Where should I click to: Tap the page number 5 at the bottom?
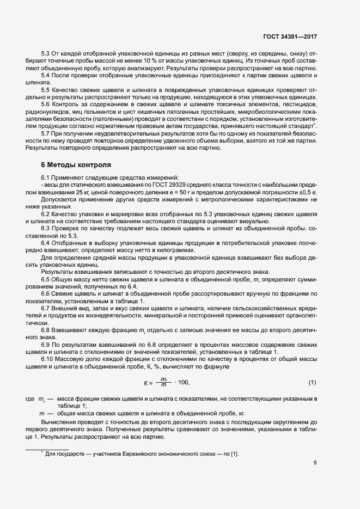(315, 463)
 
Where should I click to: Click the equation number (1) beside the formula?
(312, 383)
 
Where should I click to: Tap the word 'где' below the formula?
(30, 400)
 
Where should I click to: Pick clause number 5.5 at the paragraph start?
(46, 89)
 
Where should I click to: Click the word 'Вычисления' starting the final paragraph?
(58, 422)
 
